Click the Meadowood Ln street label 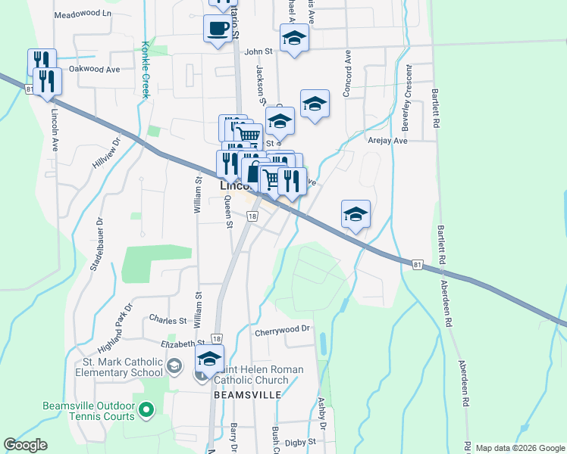83,14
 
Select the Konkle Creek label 144,69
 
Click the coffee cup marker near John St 218,30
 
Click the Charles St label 167,319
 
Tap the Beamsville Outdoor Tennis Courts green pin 147,411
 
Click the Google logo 25,445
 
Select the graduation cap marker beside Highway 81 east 356,214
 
